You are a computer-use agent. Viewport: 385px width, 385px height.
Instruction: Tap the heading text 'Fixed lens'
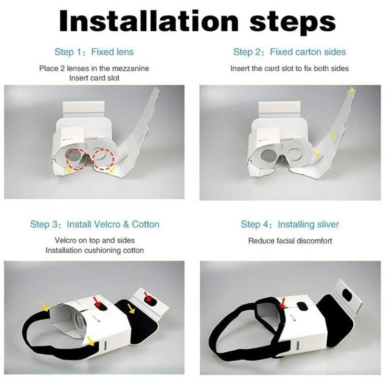coord(113,52)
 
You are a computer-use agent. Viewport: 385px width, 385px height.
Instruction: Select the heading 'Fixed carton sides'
coord(308,52)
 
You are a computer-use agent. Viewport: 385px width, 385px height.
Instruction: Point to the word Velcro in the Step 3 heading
coord(109,224)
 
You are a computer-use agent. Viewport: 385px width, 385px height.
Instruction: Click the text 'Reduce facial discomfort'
coord(290,241)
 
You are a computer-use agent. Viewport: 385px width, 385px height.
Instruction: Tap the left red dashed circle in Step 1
coord(77,159)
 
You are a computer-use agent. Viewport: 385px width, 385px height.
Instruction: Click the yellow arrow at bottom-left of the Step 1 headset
coord(68,169)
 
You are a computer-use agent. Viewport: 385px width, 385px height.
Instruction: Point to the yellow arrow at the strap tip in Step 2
coord(351,90)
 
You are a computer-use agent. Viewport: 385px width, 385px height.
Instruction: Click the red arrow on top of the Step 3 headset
coord(98,301)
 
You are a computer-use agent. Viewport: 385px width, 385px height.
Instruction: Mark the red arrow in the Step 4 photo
coord(282,303)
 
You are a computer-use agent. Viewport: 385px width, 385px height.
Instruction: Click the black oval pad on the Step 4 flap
coord(347,295)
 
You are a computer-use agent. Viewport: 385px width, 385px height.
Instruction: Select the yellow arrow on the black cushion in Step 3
coord(131,308)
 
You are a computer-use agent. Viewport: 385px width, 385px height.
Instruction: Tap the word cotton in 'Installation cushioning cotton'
coord(134,250)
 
